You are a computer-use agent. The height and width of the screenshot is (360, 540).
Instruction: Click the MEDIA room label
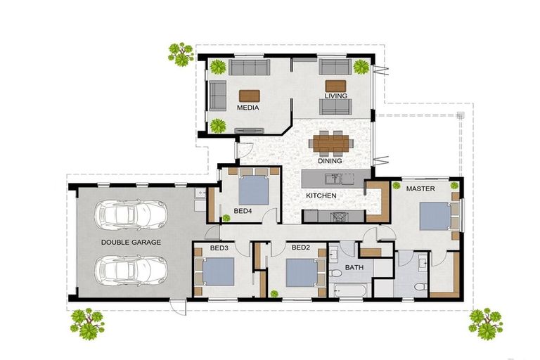point(248,108)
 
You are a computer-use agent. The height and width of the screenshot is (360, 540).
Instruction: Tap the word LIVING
point(335,96)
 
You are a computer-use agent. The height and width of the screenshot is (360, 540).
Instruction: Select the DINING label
point(329,161)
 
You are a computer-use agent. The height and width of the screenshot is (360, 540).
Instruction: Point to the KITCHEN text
point(321,195)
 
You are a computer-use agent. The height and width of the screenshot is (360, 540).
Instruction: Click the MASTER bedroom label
point(420,189)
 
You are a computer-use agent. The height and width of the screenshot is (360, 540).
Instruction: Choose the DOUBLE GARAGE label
point(131,243)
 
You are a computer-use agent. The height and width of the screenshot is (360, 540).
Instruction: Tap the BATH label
point(354,267)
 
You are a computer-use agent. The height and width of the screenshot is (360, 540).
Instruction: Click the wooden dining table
point(330,143)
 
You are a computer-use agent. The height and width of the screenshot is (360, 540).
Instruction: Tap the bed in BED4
point(252,188)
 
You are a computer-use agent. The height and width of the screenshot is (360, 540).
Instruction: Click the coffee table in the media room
point(249,96)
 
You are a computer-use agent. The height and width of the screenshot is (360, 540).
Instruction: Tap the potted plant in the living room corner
point(361,67)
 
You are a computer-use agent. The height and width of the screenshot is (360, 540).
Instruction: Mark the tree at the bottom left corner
point(87,322)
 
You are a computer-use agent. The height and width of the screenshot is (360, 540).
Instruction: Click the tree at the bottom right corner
point(486,322)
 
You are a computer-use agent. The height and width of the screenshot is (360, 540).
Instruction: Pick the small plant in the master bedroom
point(455,186)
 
